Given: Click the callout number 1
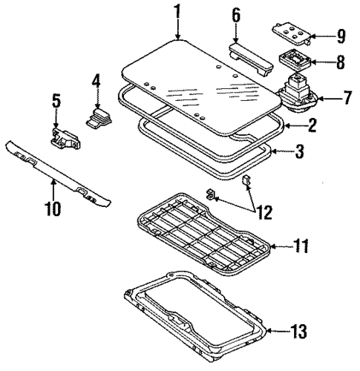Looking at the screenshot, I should pyautogui.click(x=178, y=11).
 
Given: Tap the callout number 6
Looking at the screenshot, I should pyautogui.click(x=236, y=15).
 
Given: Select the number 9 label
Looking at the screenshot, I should pyautogui.click(x=341, y=35).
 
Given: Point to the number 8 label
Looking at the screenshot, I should pyautogui.click(x=341, y=62).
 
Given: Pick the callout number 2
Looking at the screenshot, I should pyautogui.click(x=312, y=125).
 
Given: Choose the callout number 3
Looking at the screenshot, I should pyautogui.click(x=299, y=153).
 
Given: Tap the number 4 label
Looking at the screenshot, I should pyautogui.click(x=95, y=81).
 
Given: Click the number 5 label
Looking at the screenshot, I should pyautogui.click(x=55, y=99).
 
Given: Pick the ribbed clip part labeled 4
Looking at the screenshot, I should pyautogui.click(x=98, y=116).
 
